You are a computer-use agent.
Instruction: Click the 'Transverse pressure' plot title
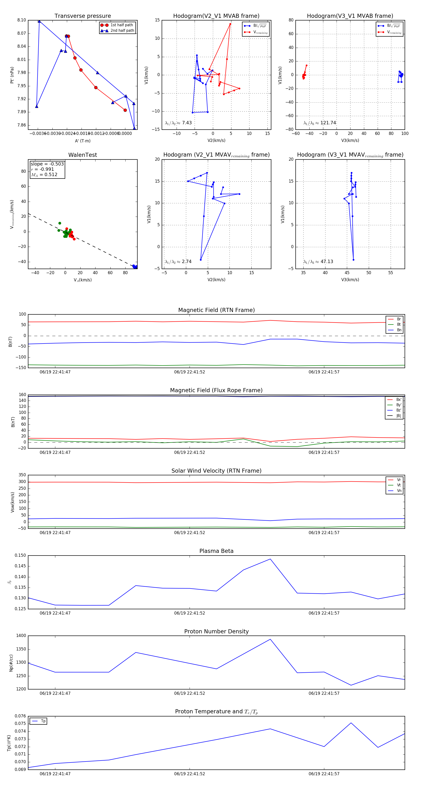[x=83, y=16]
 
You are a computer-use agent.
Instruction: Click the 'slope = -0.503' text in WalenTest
[x=47, y=164]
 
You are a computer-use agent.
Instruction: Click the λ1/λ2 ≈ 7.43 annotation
[x=178, y=123]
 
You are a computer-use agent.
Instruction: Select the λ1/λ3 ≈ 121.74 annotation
[x=320, y=123]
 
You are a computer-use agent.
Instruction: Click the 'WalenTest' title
[x=83, y=155]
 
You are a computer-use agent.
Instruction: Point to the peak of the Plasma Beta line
[x=270, y=559]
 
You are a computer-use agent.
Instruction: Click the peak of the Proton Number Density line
[x=270, y=639]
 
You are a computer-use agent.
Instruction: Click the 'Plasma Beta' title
[x=216, y=551]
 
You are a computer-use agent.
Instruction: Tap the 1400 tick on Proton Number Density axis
[x=21, y=636]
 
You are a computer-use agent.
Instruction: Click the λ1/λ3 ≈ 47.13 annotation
[x=318, y=262]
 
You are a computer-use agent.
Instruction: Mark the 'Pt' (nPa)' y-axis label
[x=12, y=75]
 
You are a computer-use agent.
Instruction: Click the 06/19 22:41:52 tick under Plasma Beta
[x=190, y=613]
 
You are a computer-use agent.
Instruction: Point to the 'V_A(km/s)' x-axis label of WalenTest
[x=83, y=280]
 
